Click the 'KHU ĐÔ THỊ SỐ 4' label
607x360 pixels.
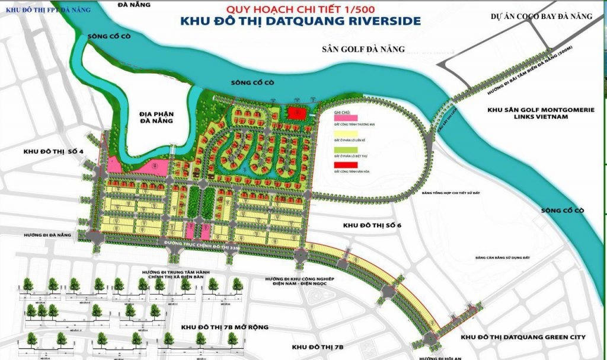coord(53,152)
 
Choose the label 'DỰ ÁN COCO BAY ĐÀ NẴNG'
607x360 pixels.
coord(541,17)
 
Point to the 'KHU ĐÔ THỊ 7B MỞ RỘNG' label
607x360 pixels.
coord(225,327)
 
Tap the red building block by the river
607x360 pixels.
coord(296,113)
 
